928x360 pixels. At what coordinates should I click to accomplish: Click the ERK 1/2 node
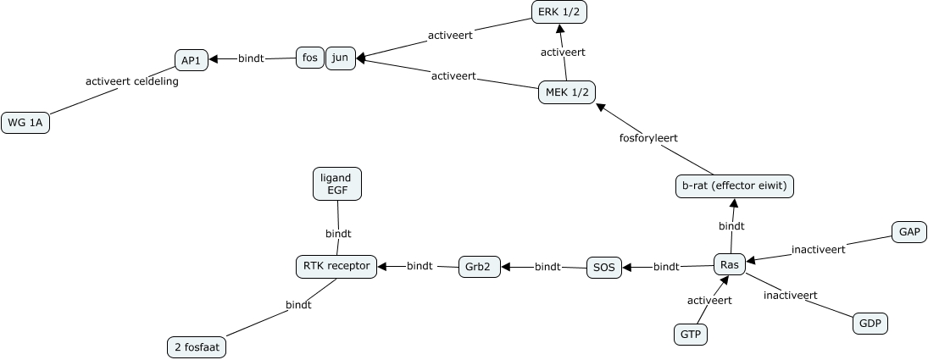click(559, 13)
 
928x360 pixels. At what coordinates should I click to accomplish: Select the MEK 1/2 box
click(567, 92)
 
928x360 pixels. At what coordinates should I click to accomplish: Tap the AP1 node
click(191, 60)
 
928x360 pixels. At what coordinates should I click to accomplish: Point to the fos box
click(309, 58)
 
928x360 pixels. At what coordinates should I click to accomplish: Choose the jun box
click(340, 58)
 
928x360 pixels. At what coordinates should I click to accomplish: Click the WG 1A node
click(26, 124)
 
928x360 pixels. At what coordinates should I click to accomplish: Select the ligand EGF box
click(337, 184)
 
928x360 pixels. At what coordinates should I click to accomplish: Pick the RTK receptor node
click(336, 266)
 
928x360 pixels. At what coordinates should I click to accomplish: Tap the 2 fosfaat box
click(197, 346)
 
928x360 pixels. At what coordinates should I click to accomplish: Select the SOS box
click(603, 268)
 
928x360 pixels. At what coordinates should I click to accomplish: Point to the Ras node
click(729, 265)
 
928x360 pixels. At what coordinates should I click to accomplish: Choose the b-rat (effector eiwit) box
click(735, 186)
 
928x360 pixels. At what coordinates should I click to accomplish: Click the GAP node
click(909, 232)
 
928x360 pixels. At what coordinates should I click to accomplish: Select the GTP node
click(690, 335)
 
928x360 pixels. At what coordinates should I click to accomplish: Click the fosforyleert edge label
click(649, 137)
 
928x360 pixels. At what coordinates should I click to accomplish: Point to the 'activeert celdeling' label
click(132, 81)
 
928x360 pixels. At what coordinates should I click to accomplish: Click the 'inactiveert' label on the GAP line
click(818, 250)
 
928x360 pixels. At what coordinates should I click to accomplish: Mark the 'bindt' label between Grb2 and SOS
click(547, 267)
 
